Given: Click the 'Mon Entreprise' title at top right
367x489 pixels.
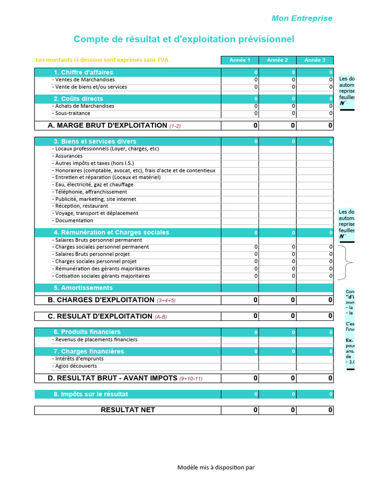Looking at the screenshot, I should click(x=302, y=18).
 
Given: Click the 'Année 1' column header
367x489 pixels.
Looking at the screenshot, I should click(x=239, y=60).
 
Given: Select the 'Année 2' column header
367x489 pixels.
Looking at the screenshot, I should click(x=277, y=60).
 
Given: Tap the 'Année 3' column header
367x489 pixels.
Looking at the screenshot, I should click(x=315, y=60).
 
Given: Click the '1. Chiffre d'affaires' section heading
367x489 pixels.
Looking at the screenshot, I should click(x=83, y=73).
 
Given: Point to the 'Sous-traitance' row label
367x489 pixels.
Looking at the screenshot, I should click(x=72, y=114).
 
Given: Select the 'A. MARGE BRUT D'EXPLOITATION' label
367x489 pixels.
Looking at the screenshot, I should click(x=108, y=126).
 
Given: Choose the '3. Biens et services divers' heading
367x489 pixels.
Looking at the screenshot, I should click(x=95, y=142).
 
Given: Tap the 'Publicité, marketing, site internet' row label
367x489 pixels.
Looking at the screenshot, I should click(x=95, y=199).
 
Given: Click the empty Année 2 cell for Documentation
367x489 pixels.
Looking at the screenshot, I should click(x=278, y=221).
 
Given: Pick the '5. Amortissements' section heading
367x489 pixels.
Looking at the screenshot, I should click(x=83, y=288).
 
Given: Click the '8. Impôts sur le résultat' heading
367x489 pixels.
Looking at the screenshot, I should click(x=91, y=394).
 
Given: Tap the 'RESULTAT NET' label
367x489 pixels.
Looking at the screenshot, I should click(x=128, y=410).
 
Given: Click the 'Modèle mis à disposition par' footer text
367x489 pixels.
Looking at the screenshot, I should click(x=216, y=468).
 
